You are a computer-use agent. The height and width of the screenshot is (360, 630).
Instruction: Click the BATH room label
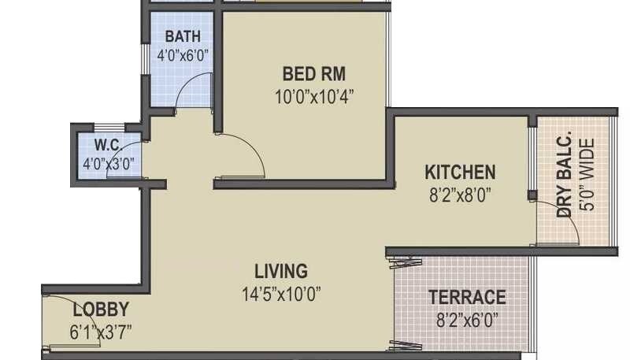pos(183,36)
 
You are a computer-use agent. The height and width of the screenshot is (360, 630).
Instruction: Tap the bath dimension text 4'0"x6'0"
pos(183,57)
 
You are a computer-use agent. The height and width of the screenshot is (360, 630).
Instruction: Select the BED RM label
pos(314,75)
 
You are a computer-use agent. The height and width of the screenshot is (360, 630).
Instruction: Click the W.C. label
pos(107,145)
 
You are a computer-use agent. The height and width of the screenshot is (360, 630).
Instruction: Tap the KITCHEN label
pos(461,172)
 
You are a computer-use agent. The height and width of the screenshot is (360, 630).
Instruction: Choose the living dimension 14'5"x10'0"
pos(281,296)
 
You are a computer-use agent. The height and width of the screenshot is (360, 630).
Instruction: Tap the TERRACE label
pos(467,297)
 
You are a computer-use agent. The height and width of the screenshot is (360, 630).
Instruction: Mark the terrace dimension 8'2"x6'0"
pos(466,320)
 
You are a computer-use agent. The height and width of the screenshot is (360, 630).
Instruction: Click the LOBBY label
pos(101,309)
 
